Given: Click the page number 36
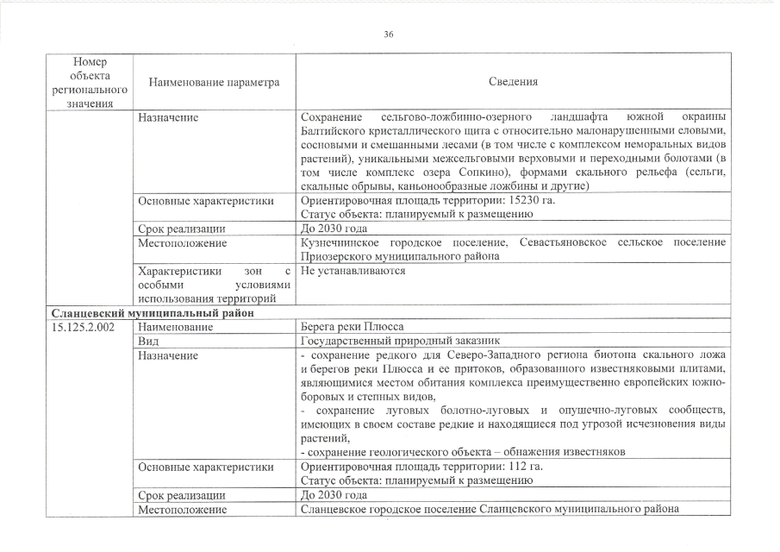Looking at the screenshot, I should click(x=389, y=34).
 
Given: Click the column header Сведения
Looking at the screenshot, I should click(x=514, y=82).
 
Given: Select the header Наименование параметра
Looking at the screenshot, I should click(x=215, y=82).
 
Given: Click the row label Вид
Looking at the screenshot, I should click(x=147, y=342).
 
